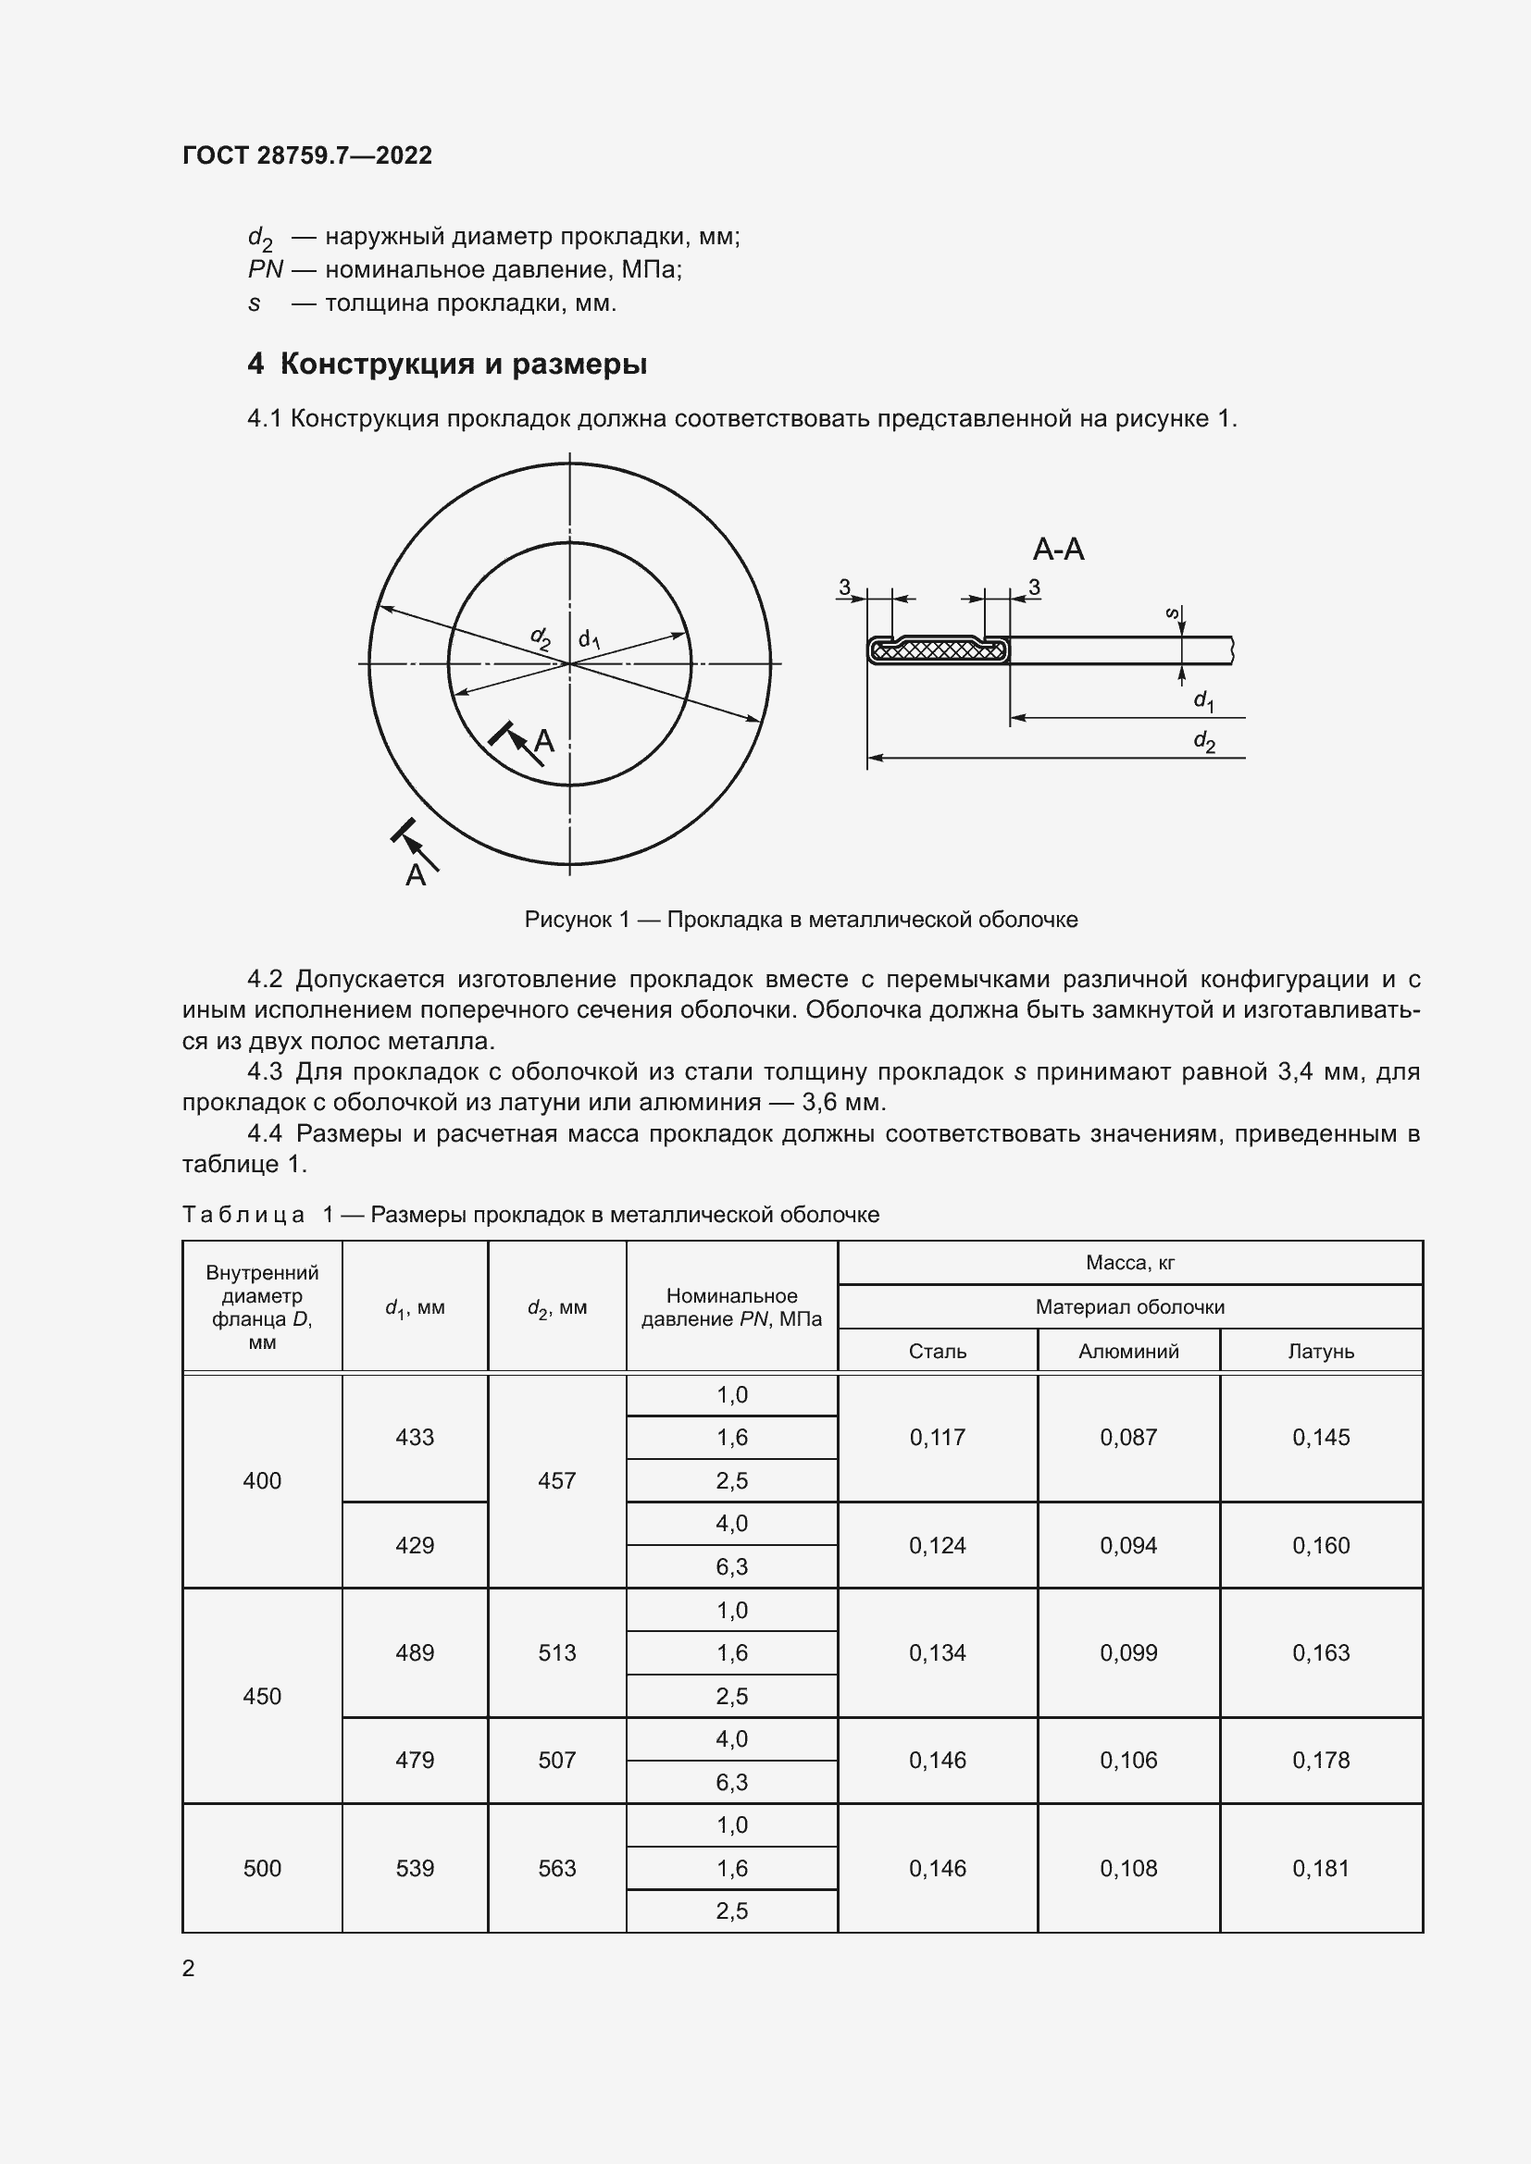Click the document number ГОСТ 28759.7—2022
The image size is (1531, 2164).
[306, 155]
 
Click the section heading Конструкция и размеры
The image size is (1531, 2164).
[462, 364]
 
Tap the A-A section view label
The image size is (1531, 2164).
[1058, 549]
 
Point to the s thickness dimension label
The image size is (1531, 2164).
[1172, 613]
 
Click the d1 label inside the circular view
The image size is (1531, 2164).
[590, 640]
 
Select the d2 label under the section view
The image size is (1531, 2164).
[1204, 742]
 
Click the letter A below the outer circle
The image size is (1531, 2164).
[416, 875]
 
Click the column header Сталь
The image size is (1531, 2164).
[937, 1351]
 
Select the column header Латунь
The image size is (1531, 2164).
[1321, 1351]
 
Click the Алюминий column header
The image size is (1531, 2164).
[1128, 1351]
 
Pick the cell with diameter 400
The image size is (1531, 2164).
[262, 1479]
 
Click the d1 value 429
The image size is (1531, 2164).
[415, 1545]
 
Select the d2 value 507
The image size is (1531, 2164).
[556, 1760]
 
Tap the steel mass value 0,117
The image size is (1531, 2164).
[937, 1438]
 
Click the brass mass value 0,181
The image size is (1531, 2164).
[1321, 1868]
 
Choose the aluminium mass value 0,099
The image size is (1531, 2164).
[1128, 1652]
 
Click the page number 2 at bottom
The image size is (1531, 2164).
[189, 1968]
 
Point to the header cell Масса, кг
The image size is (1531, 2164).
[1129, 1262]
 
